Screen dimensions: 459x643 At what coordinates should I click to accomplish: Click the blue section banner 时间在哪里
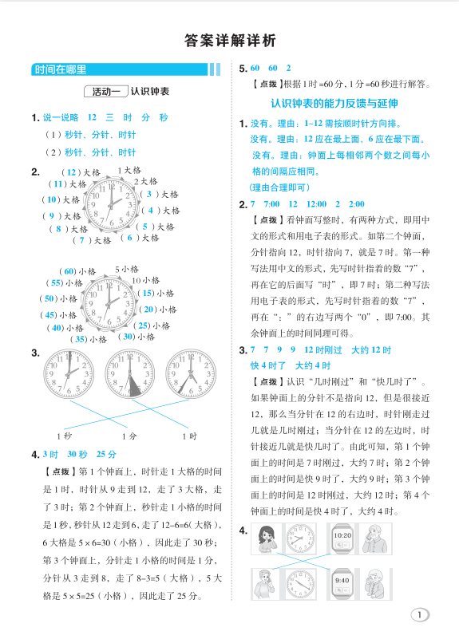tap(61, 70)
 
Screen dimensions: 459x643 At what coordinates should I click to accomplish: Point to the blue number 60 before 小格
tap(69, 271)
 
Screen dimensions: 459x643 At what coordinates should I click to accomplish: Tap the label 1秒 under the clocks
tap(64, 436)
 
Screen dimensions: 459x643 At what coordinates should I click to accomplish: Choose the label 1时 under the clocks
tap(189, 436)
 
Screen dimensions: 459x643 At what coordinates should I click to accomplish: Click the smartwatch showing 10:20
tap(342, 538)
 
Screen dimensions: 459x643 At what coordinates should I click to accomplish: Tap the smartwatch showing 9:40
tap(342, 582)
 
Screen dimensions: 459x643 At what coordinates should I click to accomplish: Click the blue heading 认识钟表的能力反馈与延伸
tap(334, 104)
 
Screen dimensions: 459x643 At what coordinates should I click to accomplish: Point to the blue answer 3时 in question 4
tap(51, 455)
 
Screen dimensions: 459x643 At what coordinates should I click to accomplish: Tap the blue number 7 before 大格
tap(81, 239)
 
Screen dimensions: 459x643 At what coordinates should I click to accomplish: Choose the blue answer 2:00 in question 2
tap(356, 204)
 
